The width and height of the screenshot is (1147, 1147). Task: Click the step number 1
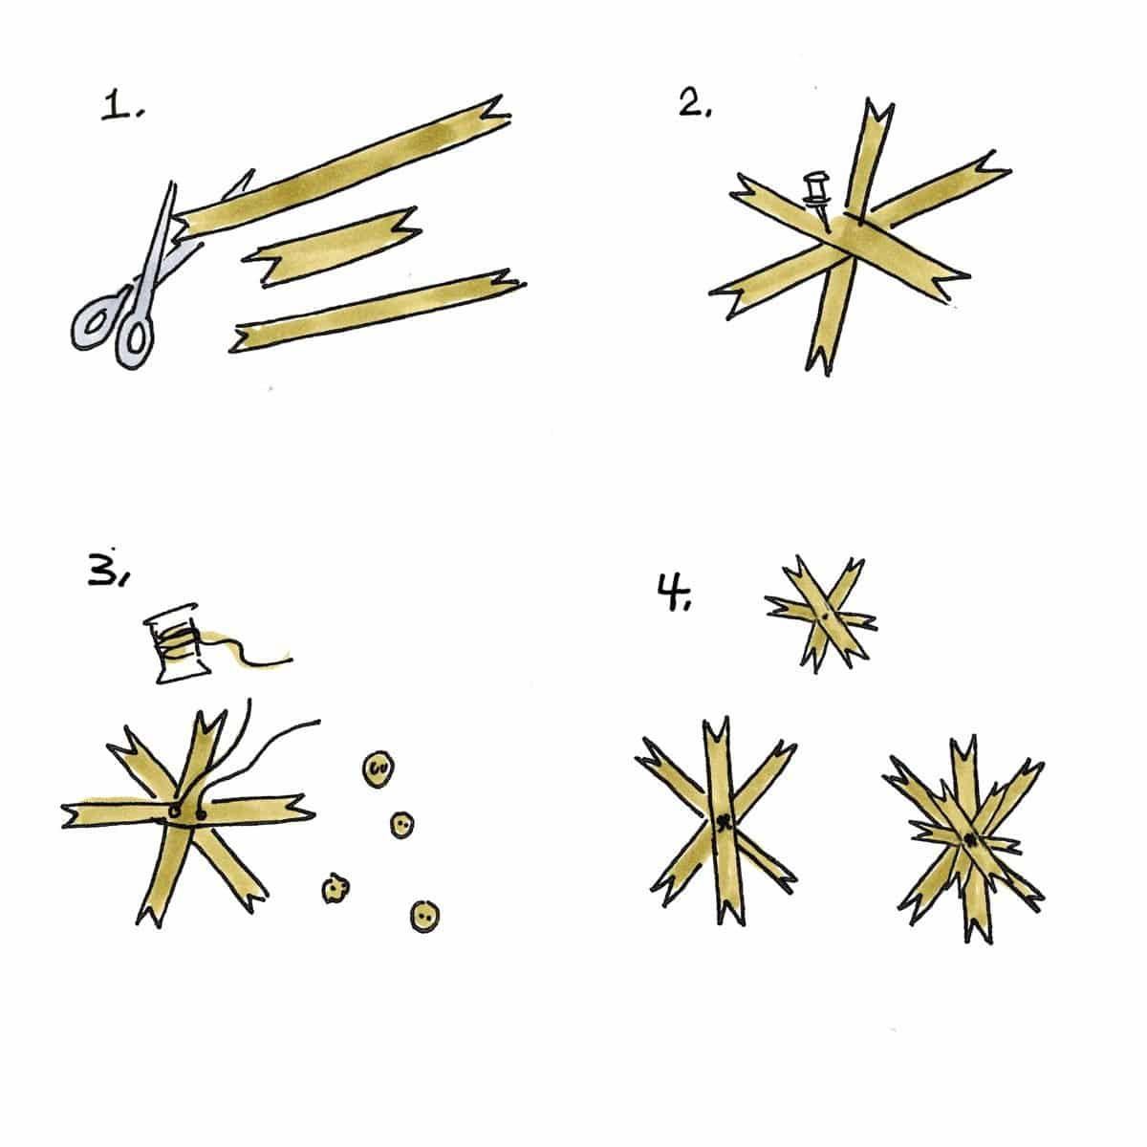[x=122, y=107]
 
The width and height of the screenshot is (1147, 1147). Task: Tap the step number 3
[x=107, y=570]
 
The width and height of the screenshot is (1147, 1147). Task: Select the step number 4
[x=674, y=593]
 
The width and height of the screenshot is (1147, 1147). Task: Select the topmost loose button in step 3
[x=379, y=769]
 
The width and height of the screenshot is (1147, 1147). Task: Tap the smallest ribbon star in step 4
[x=821, y=616]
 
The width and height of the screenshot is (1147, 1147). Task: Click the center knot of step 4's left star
[x=725, y=824]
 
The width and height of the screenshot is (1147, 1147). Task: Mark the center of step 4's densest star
[x=969, y=840]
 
